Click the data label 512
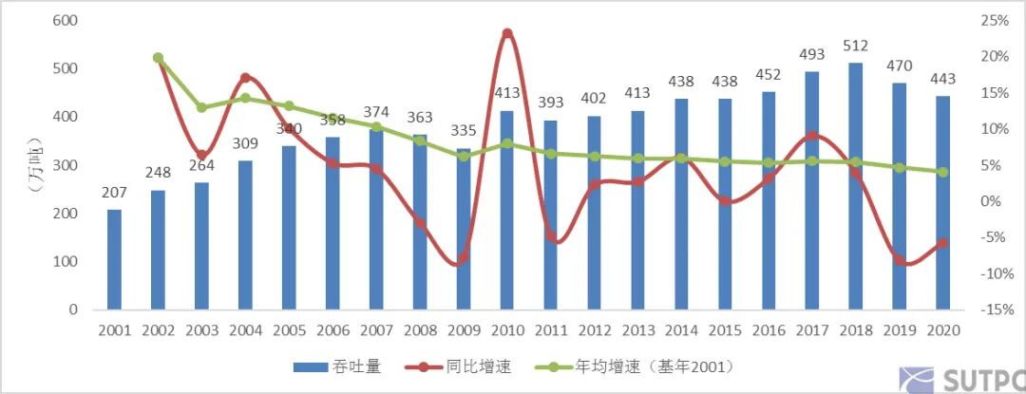(856, 47)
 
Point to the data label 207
(114, 194)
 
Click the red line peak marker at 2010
(507, 33)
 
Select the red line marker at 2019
(900, 258)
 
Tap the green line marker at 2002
(158, 58)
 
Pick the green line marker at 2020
(942, 172)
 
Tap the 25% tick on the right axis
(994, 20)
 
